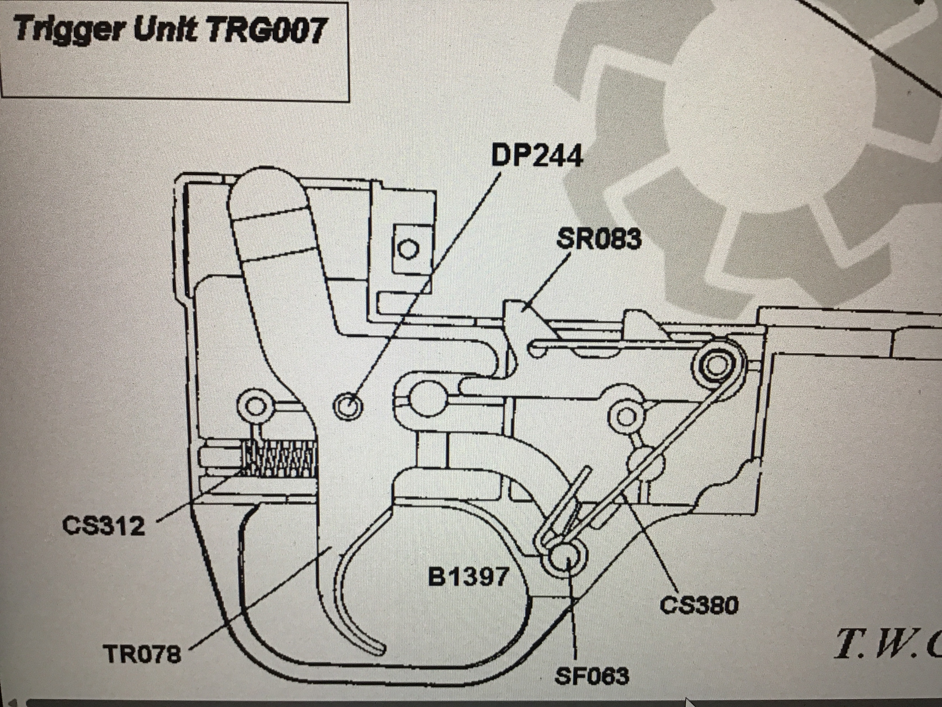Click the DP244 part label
(x=537, y=157)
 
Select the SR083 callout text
(x=598, y=239)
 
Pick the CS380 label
(x=699, y=605)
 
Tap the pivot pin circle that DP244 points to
(x=347, y=404)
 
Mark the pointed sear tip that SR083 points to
(x=513, y=309)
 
